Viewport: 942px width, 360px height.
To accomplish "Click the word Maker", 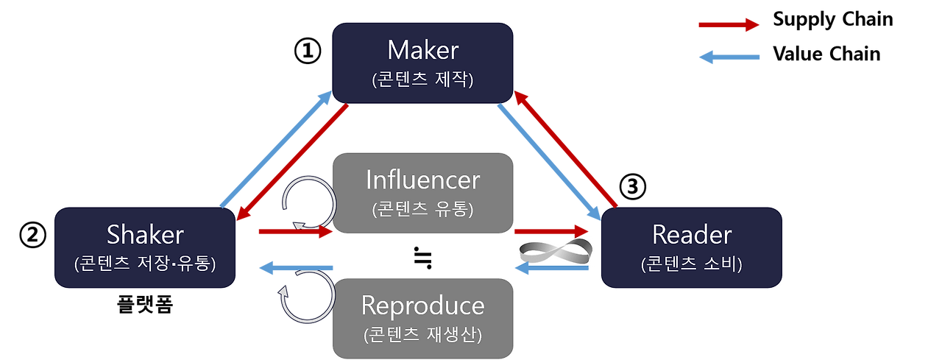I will point(422,50).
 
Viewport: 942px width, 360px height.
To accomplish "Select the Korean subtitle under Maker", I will point(422,79).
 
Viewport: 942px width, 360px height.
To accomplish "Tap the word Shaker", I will point(145,235).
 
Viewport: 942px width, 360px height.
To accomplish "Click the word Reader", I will point(692,235).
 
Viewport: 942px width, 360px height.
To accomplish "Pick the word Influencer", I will point(422,180).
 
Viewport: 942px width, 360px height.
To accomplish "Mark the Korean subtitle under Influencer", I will point(422,208).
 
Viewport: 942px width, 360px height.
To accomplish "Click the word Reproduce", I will point(422,306).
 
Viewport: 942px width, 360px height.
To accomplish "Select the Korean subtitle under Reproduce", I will point(422,334).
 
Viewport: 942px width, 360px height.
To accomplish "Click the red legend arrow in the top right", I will point(729,25).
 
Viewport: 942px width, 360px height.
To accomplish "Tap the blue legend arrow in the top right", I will point(729,57).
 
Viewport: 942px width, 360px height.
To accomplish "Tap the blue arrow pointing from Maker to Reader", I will point(549,163).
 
